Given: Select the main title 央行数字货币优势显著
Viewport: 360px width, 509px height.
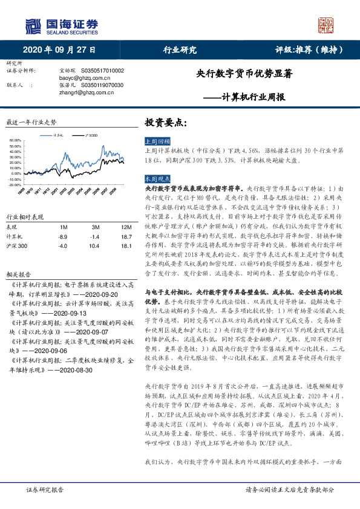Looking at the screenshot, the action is [244, 74].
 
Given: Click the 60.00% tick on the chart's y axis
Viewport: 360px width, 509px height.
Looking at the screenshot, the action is [16, 141].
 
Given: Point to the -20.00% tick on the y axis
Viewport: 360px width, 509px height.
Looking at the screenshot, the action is [15, 184].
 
